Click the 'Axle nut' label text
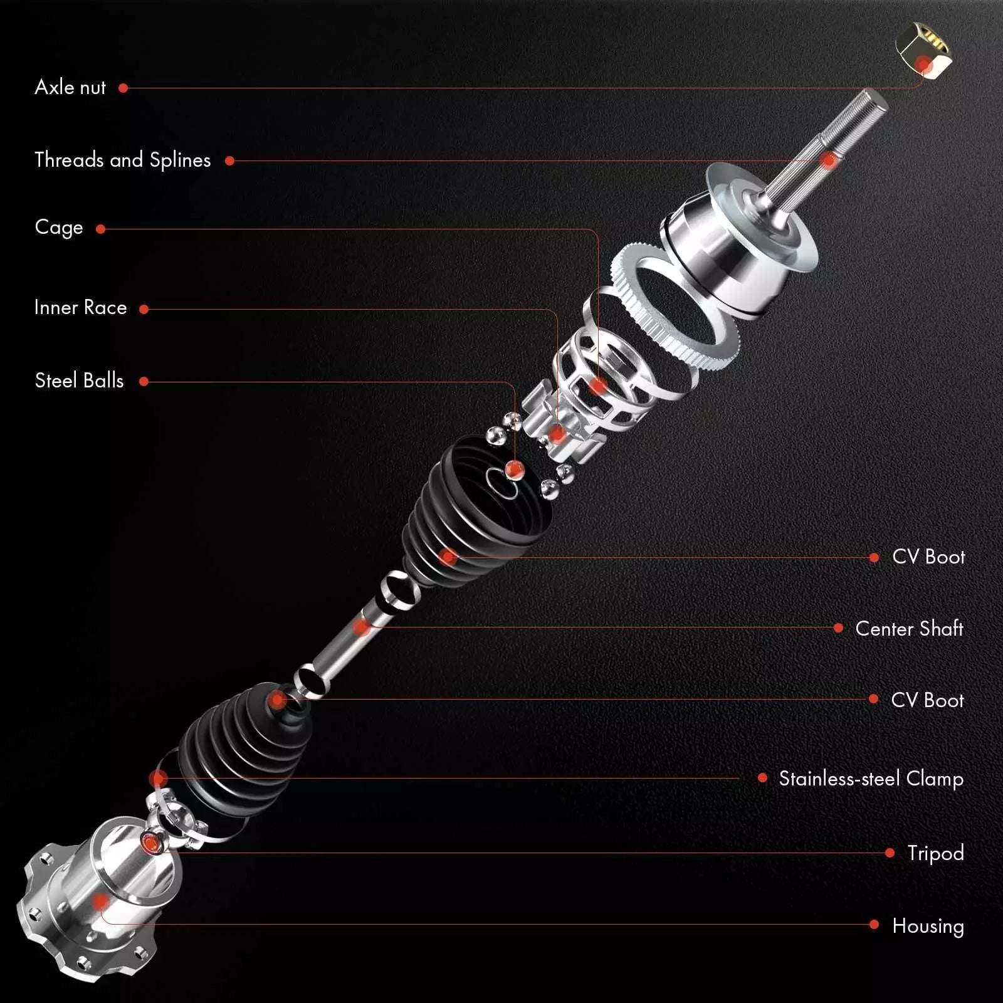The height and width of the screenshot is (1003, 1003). click(x=70, y=87)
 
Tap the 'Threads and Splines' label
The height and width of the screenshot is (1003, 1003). click(x=123, y=160)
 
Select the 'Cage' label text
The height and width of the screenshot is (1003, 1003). click(x=59, y=227)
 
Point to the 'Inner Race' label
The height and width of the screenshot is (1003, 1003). click(x=80, y=307)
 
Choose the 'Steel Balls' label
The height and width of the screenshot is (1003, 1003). click(x=79, y=381)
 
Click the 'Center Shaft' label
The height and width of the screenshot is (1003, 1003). click(x=909, y=628)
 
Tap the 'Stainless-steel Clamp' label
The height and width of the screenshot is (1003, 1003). click(x=871, y=779)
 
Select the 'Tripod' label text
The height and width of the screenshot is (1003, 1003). click(x=935, y=853)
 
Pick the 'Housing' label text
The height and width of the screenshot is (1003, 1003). click(x=928, y=926)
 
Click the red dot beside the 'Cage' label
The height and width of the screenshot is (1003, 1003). click(x=100, y=229)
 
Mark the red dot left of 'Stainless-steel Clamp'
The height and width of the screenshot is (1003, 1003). click(x=762, y=778)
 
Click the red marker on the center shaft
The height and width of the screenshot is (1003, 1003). click(x=362, y=626)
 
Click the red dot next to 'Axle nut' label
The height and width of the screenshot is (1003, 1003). click(x=123, y=88)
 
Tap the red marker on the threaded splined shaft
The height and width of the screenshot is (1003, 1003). click(x=829, y=160)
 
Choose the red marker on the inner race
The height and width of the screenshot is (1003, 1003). click(x=557, y=434)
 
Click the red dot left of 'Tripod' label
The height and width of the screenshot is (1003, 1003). click(x=890, y=853)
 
